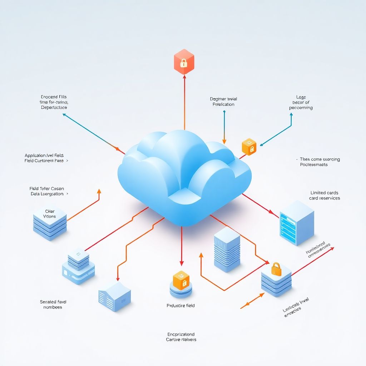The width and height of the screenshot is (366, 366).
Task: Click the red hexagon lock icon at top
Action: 184,61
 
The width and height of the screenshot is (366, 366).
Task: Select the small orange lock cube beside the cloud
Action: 249,147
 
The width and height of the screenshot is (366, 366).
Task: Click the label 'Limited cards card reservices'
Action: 325,196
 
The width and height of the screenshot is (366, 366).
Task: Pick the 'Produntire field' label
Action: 181,306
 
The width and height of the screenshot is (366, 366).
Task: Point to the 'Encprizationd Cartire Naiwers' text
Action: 181,337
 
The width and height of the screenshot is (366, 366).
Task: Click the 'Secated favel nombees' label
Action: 53,305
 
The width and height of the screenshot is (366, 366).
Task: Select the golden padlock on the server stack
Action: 276,268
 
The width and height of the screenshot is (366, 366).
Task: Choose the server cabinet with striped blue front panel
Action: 296,222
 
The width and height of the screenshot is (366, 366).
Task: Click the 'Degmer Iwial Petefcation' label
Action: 224,102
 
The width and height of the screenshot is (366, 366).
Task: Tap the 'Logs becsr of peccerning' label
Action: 301,102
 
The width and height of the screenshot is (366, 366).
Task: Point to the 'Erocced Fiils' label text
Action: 54,97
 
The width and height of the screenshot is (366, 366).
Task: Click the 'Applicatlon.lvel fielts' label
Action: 44,155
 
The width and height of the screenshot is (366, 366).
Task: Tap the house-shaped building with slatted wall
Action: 114,296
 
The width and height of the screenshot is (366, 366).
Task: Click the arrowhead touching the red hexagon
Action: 184,77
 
